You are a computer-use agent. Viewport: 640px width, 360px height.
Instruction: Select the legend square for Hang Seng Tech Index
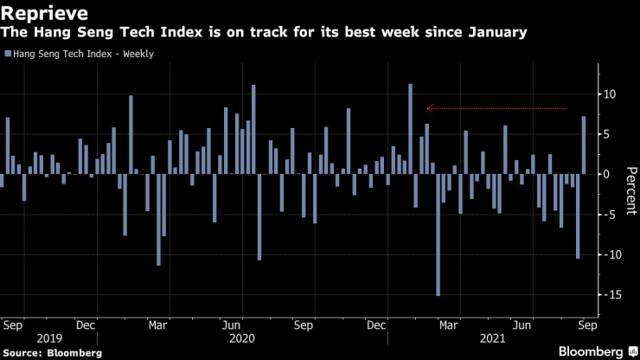point(7,55)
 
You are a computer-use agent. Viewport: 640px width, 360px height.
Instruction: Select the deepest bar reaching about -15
point(438,235)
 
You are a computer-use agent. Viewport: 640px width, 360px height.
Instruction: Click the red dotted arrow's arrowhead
point(428,108)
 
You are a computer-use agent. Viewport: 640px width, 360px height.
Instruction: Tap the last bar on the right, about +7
point(584,145)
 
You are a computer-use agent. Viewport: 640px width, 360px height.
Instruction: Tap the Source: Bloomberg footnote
point(51,353)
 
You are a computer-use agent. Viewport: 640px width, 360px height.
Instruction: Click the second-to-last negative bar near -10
point(578,215)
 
